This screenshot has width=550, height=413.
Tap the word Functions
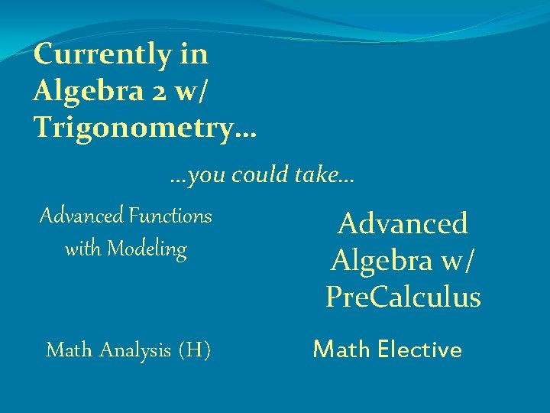coord(170,216)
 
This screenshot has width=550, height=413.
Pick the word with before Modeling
coord(84,249)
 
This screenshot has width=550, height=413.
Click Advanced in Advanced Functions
coord(82,216)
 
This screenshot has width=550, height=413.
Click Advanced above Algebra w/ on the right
coord(403,224)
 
